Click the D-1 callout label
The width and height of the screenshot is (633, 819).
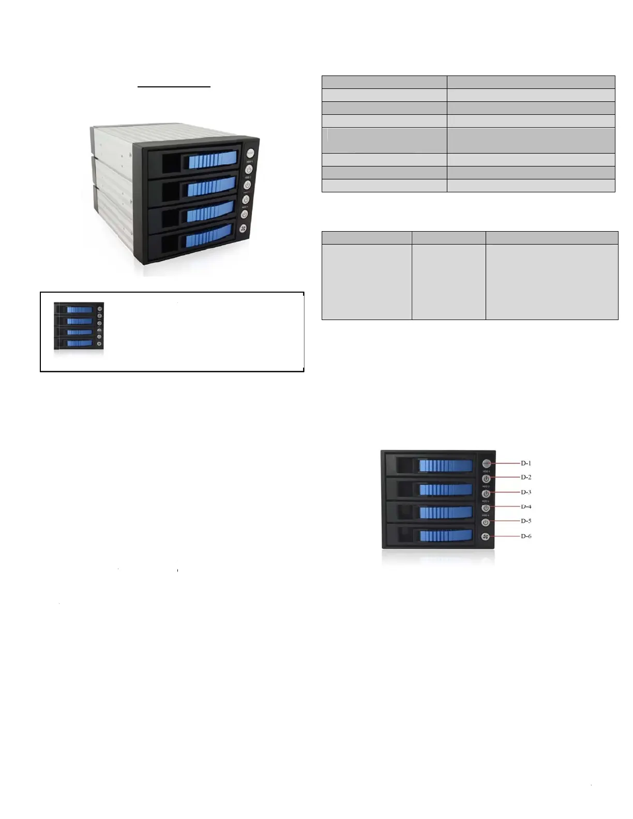525,463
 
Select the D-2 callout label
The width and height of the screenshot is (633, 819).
525,477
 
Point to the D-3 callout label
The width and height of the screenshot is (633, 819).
525,492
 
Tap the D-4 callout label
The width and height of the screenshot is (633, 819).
525,507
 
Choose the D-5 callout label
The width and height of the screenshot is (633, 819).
525,521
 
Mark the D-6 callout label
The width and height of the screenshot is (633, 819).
525,536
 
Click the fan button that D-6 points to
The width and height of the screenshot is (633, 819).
486,537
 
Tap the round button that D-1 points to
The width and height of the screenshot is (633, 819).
486,463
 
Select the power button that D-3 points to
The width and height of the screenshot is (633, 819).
486,494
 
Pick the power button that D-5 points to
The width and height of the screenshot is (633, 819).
486,523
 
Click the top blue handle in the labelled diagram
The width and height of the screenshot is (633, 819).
446,466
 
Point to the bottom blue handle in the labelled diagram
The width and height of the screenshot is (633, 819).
446,535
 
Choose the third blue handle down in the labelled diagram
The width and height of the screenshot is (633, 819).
446,512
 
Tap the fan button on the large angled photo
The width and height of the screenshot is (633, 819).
243,229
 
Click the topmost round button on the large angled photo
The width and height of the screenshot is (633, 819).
250,153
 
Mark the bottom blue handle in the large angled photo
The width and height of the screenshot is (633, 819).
209,237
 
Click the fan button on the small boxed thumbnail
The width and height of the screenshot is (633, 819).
100,344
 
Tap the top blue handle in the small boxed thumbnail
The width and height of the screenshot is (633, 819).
80,310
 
